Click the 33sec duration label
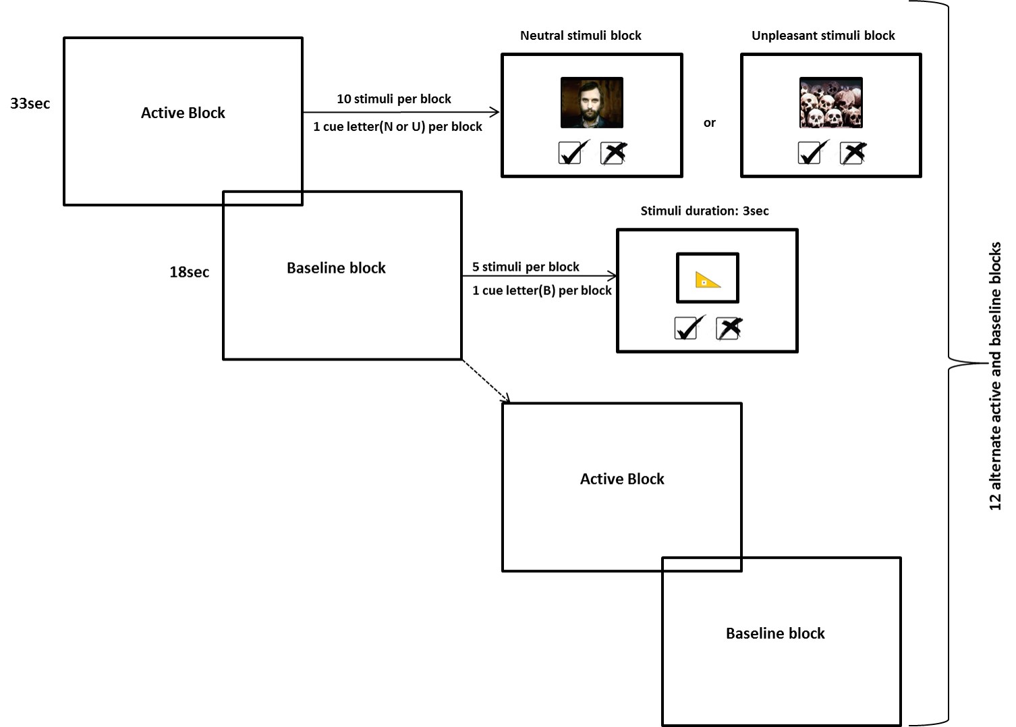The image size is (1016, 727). tap(30, 103)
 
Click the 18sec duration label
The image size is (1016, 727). tap(189, 272)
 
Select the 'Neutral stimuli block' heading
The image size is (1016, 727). tap(580, 36)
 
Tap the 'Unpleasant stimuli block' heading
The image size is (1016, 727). tap(823, 36)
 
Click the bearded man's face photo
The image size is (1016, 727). tap(592, 103)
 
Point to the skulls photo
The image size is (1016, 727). tap(830, 103)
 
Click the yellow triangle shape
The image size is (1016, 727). tap(707, 279)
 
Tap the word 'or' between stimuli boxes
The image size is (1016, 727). tap(709, 123)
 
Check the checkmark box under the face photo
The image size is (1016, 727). tap(573, 153)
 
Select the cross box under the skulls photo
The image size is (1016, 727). tap(853, 153)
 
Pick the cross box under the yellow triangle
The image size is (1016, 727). tap(729, 328)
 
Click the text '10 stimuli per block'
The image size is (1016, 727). tap(394, 99)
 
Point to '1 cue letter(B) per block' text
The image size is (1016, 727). tap(542, 290)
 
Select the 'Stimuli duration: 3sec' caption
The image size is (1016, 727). tap(704, 211)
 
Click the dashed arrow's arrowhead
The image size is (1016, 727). tap(507, 400)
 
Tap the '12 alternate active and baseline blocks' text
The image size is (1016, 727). tap(995, 376)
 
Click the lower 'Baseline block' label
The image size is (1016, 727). tap(775, 633)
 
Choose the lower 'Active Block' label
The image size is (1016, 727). tap(622, 479)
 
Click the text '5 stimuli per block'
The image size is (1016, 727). tap(526, 267)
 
